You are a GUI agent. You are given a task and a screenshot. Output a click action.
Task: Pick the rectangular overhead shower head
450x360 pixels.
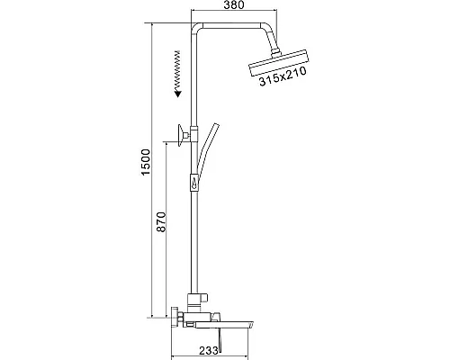(275, 68)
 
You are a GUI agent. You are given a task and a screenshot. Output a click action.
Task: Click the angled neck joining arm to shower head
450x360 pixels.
(267, 45)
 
